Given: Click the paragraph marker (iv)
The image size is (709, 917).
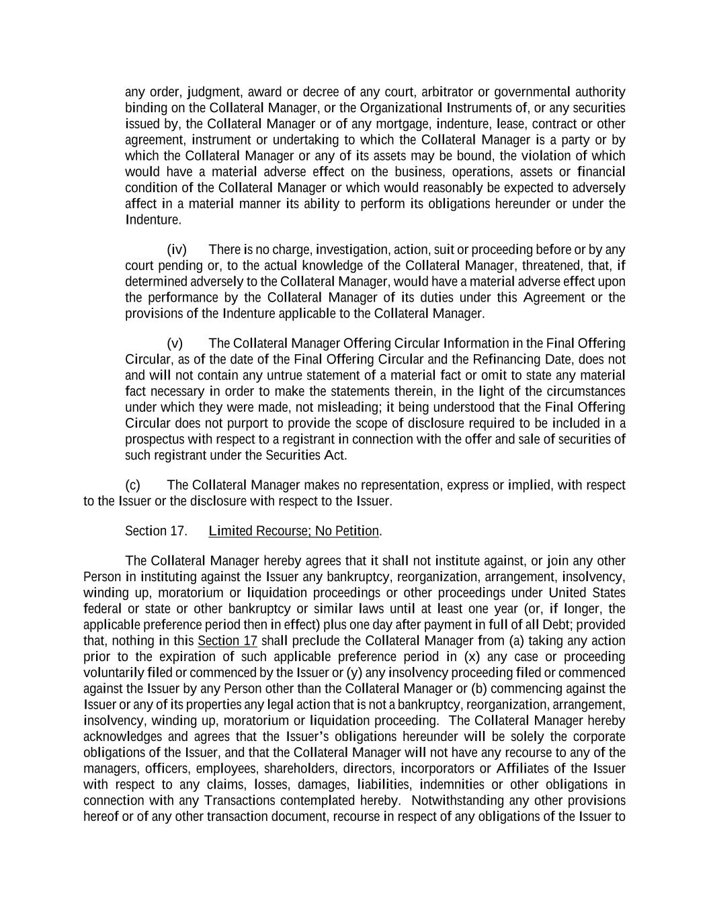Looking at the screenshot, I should (176, 250).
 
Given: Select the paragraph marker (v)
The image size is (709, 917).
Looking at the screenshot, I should (175, 343).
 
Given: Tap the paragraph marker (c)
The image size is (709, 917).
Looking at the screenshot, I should (132, 485).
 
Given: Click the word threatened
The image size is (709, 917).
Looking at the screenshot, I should (575, 266).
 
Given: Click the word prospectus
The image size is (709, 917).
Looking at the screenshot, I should (157, 439).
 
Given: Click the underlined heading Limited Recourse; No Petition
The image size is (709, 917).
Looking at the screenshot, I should (294, 531).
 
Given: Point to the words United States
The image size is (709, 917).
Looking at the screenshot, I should (587, 593).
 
